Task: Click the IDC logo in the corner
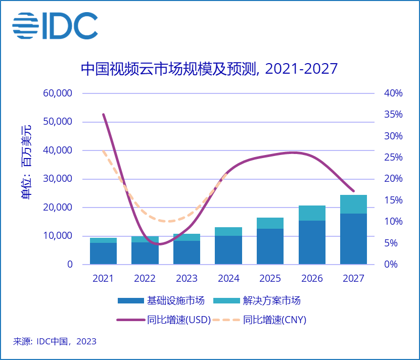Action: tap(55, 25)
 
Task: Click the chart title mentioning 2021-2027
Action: tap(209, 69)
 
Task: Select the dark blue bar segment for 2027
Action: tap(353, 239)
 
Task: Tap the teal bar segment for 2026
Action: tap(312, 213)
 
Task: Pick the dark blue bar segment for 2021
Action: tap(103, 253)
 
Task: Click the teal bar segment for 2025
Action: tap(270, 223)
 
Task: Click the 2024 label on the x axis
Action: tap(228, 278)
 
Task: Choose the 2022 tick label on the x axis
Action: tap(145, 278)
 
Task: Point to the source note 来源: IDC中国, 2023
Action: tap(55, 342)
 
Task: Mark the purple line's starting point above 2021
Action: tap(103, 115)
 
